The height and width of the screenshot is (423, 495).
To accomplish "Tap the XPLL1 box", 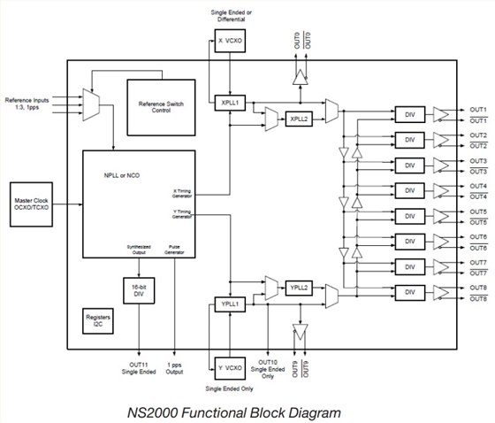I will (230, 103).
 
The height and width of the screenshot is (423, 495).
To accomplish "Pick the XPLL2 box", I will (298, 118).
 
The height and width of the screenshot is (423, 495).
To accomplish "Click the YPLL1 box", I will (230, 304).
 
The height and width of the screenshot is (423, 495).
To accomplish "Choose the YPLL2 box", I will (298, 288).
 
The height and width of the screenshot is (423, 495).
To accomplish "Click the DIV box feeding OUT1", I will (408, 115).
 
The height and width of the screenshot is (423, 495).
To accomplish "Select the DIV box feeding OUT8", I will (408, 292).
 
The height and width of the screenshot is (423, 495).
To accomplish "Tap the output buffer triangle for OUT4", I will (441, 190).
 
